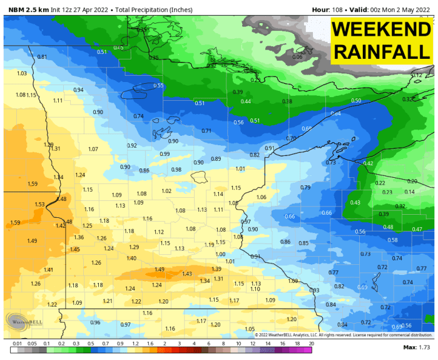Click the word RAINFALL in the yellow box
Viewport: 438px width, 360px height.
(x=380, y=52)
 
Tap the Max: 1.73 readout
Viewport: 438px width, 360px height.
(x=417, y=346)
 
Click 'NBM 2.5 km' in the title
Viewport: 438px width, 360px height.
(x=24, y=9)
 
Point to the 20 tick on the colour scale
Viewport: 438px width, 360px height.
(x=311, y=344)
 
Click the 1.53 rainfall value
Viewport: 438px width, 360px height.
(x=39, y=204)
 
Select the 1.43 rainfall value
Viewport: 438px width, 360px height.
(x=186, y=274)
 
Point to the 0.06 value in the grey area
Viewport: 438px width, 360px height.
(x=297, y=57)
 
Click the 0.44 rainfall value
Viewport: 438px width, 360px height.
(x=246, y=101)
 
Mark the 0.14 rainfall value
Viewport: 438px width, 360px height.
(x=409, y=192)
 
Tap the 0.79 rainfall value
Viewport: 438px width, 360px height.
(x=305, y=187)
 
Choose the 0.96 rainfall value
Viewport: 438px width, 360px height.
(x=95, y=322)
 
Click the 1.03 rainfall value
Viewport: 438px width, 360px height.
(x=22, y=73)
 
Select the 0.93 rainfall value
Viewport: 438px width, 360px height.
(x=315, y=291)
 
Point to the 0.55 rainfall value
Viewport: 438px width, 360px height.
(x=158, y=85)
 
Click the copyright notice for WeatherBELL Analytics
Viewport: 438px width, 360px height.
(x=344, y=335)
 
